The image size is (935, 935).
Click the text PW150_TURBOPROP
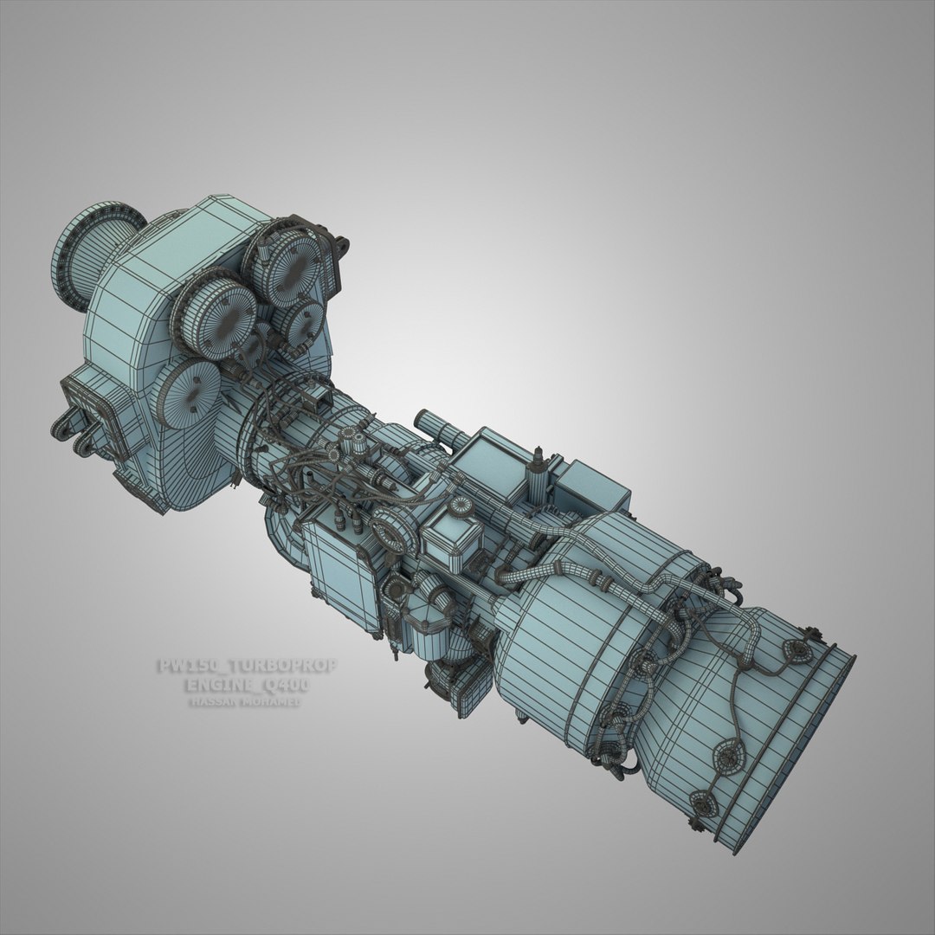tap(246, 667)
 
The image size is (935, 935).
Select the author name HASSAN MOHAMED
tap(244, 702)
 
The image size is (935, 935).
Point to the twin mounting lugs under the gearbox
tap(78, 433)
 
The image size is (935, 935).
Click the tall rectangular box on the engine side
tap(340, 576)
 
